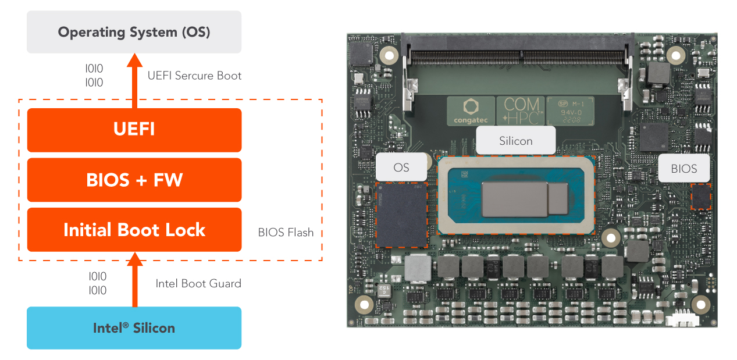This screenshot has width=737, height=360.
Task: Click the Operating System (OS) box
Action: (134, 32)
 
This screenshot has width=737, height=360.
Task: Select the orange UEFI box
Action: (134, 129)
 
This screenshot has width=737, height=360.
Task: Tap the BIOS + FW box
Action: (134, 180)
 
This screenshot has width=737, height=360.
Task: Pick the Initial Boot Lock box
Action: (134, 230)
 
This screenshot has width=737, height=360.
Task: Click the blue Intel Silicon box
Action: (134, 328)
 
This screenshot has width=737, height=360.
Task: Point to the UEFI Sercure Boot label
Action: (194, 76)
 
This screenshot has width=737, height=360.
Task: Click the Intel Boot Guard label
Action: (198, 284)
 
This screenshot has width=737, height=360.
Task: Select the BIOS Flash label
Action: (286, 233)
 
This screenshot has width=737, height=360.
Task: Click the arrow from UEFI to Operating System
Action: (135, 81)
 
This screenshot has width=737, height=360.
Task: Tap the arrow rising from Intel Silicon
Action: (135, 279)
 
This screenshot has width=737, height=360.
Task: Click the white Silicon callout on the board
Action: (515, 141)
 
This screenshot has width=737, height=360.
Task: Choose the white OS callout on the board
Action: (401, 167)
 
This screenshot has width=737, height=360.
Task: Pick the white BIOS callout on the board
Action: (683, 169)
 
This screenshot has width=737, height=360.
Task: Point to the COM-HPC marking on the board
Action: (521, 111)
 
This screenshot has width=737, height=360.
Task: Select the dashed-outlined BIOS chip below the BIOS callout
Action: (701, 197)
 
